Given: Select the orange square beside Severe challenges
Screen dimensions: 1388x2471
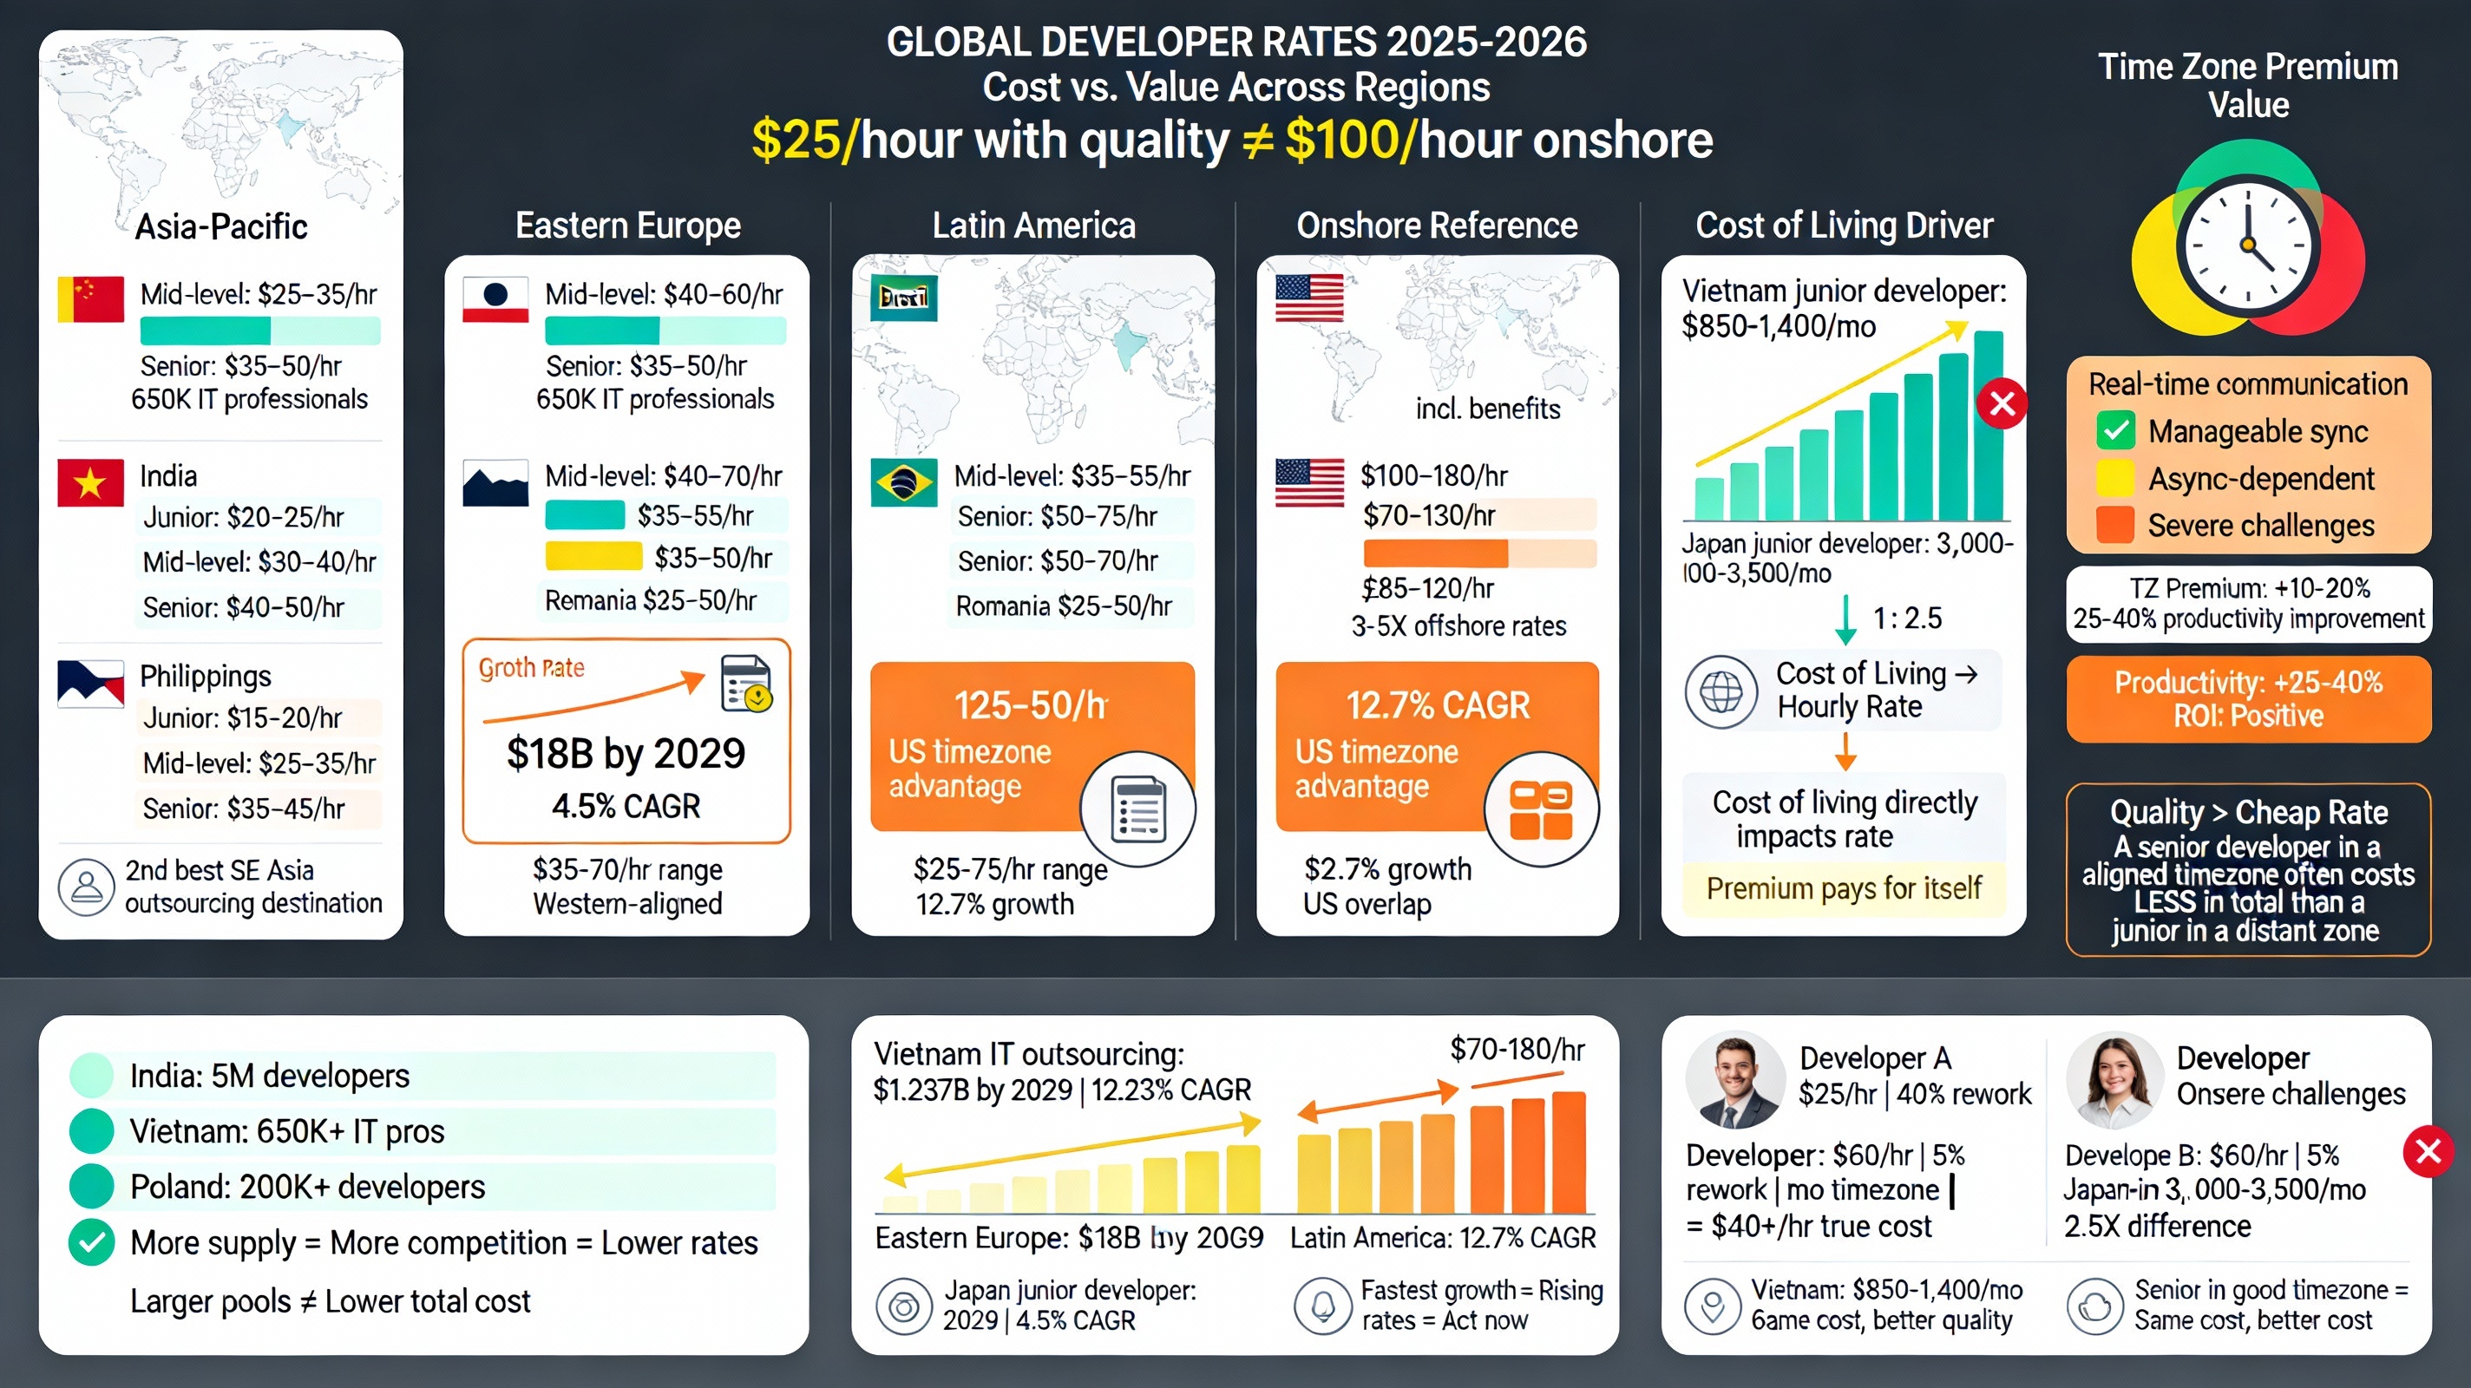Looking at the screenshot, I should pyautogui.click(x=2114, y=525).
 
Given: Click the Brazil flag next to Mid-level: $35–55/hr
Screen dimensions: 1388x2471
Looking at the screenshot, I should pyautogui.click(x=902, y=482).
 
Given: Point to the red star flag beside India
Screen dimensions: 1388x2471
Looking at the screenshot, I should pyautogui.click(x=90, y=482).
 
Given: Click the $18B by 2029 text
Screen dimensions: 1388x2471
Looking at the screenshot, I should pyautogui.click(x=626, y=754).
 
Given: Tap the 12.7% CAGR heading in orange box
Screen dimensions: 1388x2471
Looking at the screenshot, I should pyautogui.click(x=1437, y=705).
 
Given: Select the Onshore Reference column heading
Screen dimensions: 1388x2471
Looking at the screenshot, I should pyautogui.click(x=1436, y=226).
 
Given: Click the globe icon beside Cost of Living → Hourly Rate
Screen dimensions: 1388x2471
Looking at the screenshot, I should pyautogui.click(x=1721, y=691).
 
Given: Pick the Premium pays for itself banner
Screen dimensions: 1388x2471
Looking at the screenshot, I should pyautogui.click(x=1843, y=888).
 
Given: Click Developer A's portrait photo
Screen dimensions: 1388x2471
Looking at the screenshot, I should pyautogui.click(x=1734, y=1080).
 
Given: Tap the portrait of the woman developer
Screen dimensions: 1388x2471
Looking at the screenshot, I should pyautogui.click(x=2114, y=1080).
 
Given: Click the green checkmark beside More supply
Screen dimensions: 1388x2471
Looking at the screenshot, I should pyautogui.click(x=92, y=1242).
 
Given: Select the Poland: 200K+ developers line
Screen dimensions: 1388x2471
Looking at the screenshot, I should pyautogui.click(x=307, y=1188).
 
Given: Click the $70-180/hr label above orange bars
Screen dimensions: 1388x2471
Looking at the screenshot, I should pyautogui.click(x=1517, y=1051).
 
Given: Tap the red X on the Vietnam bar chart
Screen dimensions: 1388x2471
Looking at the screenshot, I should pyautogui.click(x=2002, y=404).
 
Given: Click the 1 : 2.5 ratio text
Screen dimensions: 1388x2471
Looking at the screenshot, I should pyautogui.click(x=1906, y=619).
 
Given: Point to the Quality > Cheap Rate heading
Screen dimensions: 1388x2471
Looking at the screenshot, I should pyautogui.click(x=2247, y=813).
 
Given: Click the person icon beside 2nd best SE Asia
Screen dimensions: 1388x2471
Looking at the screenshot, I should pyautogui.click(x=87, y=887).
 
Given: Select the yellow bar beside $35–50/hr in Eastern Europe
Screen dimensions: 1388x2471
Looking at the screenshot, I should pyautogui.click(x=593, y=556).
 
